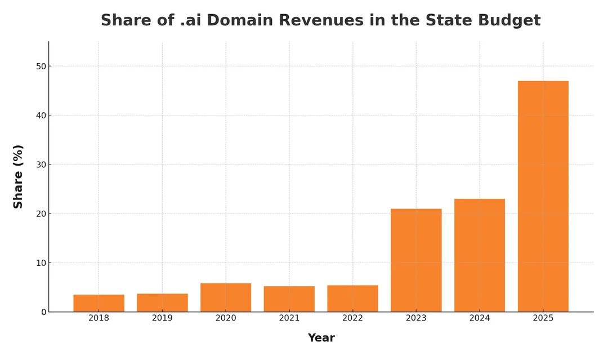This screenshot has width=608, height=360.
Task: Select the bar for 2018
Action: pyautogui.click(x=99, y=303)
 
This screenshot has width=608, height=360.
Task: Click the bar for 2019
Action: pyautogui.click(x=162, y=303)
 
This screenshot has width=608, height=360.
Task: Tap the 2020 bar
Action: pyautogui.click(x=226, y=297)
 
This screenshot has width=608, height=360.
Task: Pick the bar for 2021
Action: pyautogui.click(x=289, y=299)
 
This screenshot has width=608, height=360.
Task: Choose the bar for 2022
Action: pyautogui.click(x=352, y=299)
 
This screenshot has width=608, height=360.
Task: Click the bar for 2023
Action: pyautogui.click(x=416, y=260)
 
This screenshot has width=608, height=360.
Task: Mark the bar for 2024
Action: pyautogui.click(x=480, y=255)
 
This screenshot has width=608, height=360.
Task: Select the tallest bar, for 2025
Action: pyautogui.click(x=543, y=196)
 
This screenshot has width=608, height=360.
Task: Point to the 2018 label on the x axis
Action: pyautogui.click(x=99, y=318)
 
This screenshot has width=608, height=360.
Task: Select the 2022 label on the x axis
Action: pyautogui.click(x=352, y=318)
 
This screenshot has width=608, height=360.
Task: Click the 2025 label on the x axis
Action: pyautogui.click(x=543, y=318)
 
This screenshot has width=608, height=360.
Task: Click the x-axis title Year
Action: pyautogui.click(x=321, y=338)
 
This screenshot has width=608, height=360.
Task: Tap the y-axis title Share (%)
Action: pyautogui.click(x=19, y=176)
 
